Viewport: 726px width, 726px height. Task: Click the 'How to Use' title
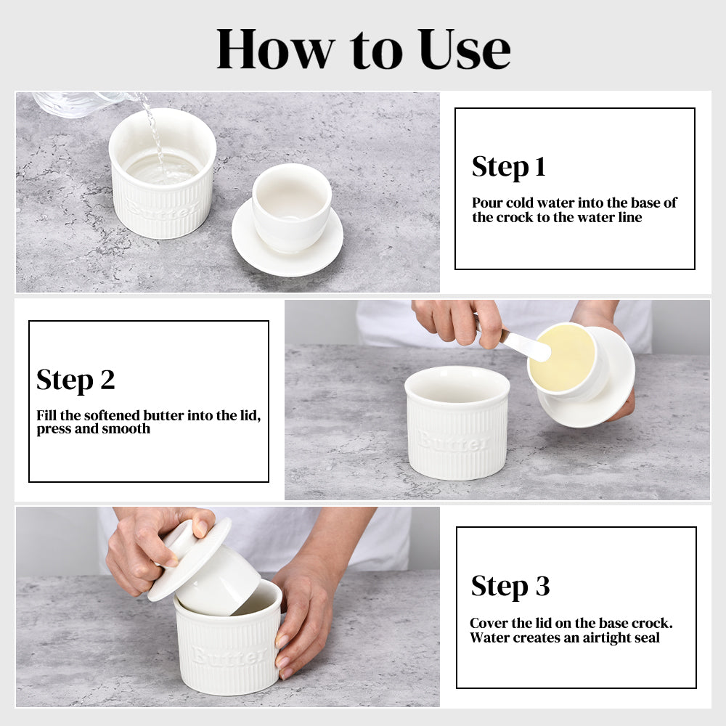(364, 49)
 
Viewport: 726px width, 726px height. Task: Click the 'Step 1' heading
(508, 167)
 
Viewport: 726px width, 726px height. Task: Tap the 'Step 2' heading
(76, 380)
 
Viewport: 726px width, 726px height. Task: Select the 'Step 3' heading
(510, 586)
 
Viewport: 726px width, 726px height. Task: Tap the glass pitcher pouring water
(83, 103)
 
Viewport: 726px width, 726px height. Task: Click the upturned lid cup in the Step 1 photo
(292, 206)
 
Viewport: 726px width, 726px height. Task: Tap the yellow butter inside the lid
(562, 357)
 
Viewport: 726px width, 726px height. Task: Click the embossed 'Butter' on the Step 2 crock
(454, 441)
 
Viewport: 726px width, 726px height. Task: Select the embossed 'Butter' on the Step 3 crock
(230, 655)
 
